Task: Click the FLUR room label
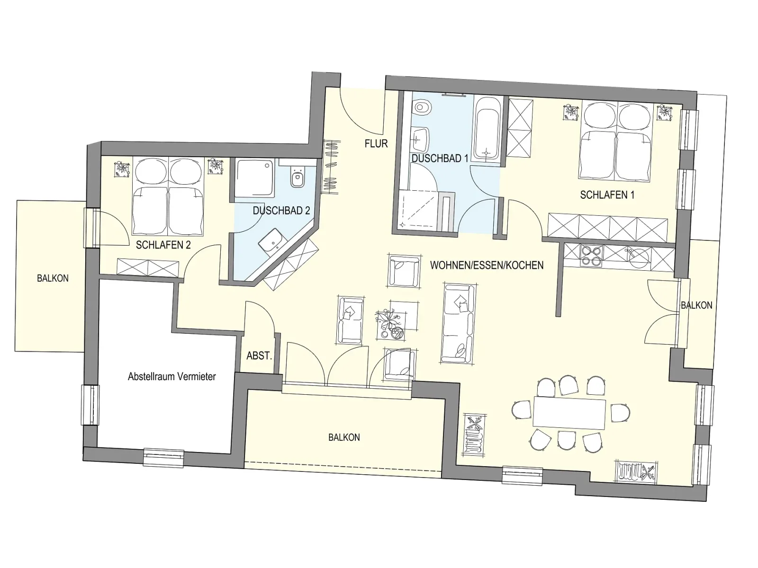(376, 143)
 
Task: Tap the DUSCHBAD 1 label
(440, 158)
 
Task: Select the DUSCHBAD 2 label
(281, 210)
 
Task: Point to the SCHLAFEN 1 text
(607, 195)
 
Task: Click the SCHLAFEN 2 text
(163, 245)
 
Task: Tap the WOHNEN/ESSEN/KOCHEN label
(487, 265)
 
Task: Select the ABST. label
(259, 355)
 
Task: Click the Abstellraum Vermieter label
(171, 376)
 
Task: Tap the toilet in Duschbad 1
(422, 108)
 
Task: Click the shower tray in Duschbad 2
(255, 178)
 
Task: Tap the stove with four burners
(592, 255)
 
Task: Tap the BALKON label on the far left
(53, 278)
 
